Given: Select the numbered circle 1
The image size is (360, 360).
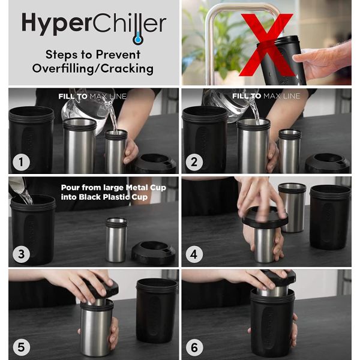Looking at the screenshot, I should coord(22,161).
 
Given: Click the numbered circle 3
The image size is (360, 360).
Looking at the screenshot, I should coord(22,254).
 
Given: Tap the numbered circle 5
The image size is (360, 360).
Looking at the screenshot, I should coord(22,346).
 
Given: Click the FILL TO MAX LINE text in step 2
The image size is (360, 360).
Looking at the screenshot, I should coord(266,96).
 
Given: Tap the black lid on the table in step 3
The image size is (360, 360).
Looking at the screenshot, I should coord(153,252).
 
